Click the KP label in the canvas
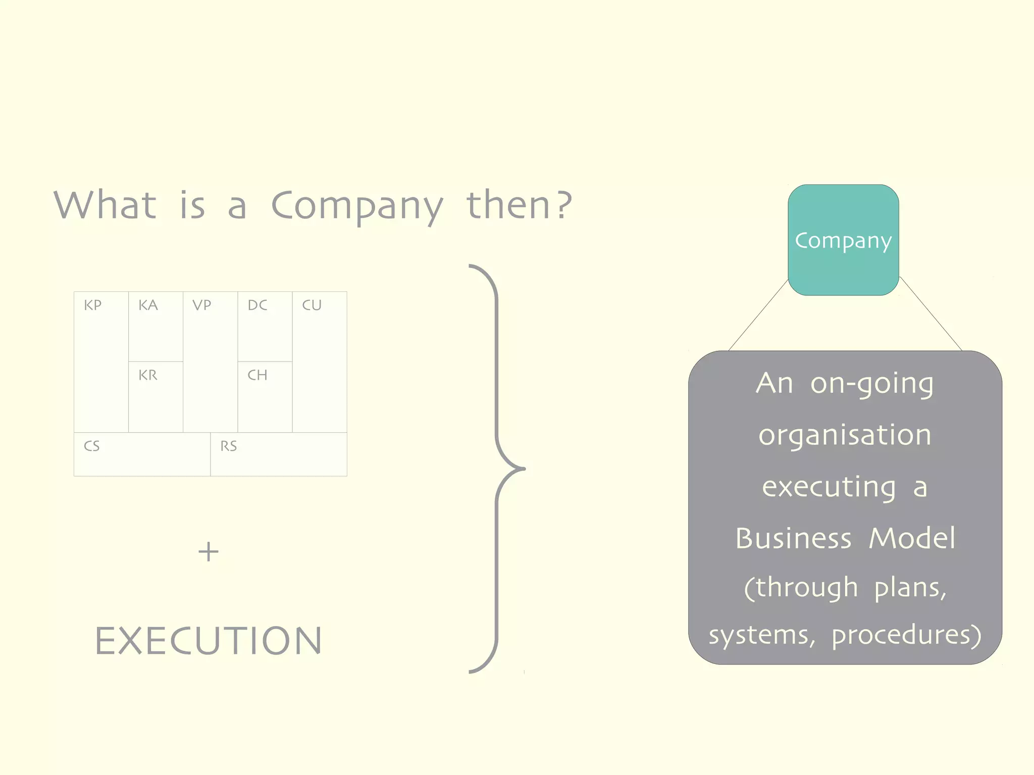tap(93, 305)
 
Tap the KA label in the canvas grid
tap(148, 305)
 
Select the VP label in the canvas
tap(202, 305)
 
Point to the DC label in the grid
tap(257, 305)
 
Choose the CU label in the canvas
tap(312, 305)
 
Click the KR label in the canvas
tap(148, 375)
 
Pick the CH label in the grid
tap(257, 375)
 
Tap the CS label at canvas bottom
tap(92, 446)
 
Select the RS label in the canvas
tap(229, 446)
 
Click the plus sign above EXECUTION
tap(209, 551)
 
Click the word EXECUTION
tap(209, 641)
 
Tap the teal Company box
tap(843, 240)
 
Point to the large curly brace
tap(497, 469)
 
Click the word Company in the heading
tap(357, 206)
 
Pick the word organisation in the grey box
tap(845, 435)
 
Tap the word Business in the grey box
tap(793, 538)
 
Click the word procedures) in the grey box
tap(906, 635)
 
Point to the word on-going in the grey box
tap(872, 384)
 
